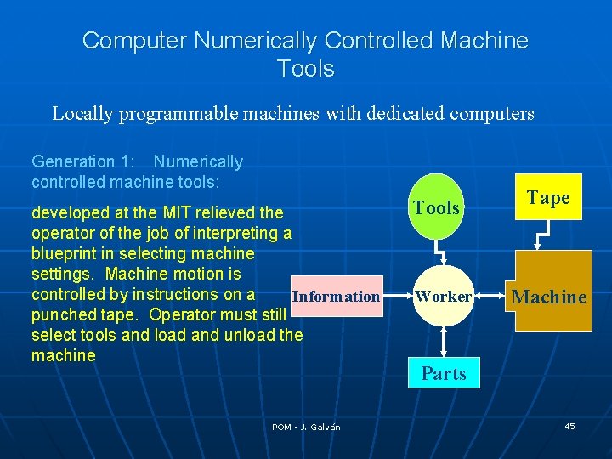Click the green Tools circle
point(437,207)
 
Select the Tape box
point(547,198)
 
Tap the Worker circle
point(443,297)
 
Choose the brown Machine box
point(549,292)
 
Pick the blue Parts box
point(444,373)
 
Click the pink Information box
point(335,297)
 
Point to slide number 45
point(569,426)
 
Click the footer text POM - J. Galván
point(306,427)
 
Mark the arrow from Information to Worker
point(395,297)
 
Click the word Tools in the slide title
point(306,68)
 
